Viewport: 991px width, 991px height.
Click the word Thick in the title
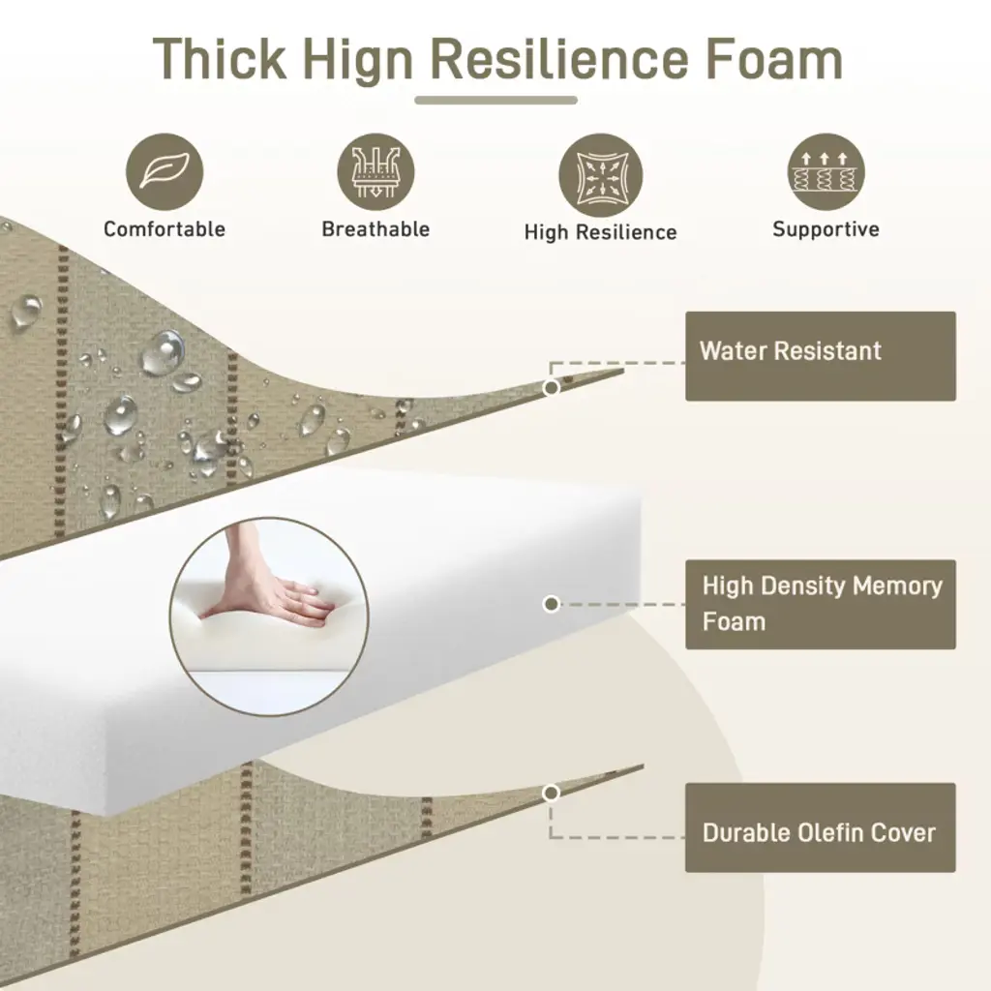220,59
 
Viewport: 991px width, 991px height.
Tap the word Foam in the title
773,59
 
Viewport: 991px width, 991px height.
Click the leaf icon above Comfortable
165,172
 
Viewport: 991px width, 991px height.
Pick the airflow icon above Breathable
375,172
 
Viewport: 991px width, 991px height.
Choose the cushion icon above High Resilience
600,175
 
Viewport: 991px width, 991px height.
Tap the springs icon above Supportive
826,172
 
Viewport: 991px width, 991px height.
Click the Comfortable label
165,228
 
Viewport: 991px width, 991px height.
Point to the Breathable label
375,228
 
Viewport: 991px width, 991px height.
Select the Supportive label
826,229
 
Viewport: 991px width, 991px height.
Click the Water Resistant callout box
821,356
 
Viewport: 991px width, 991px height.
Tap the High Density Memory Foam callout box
821,604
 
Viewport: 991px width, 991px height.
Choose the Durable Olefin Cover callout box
821,828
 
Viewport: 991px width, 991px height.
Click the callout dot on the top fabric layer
551,387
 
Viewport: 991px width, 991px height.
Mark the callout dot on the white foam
551,604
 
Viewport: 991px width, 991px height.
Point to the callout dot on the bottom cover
551,793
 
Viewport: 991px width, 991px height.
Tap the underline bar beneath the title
496,100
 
